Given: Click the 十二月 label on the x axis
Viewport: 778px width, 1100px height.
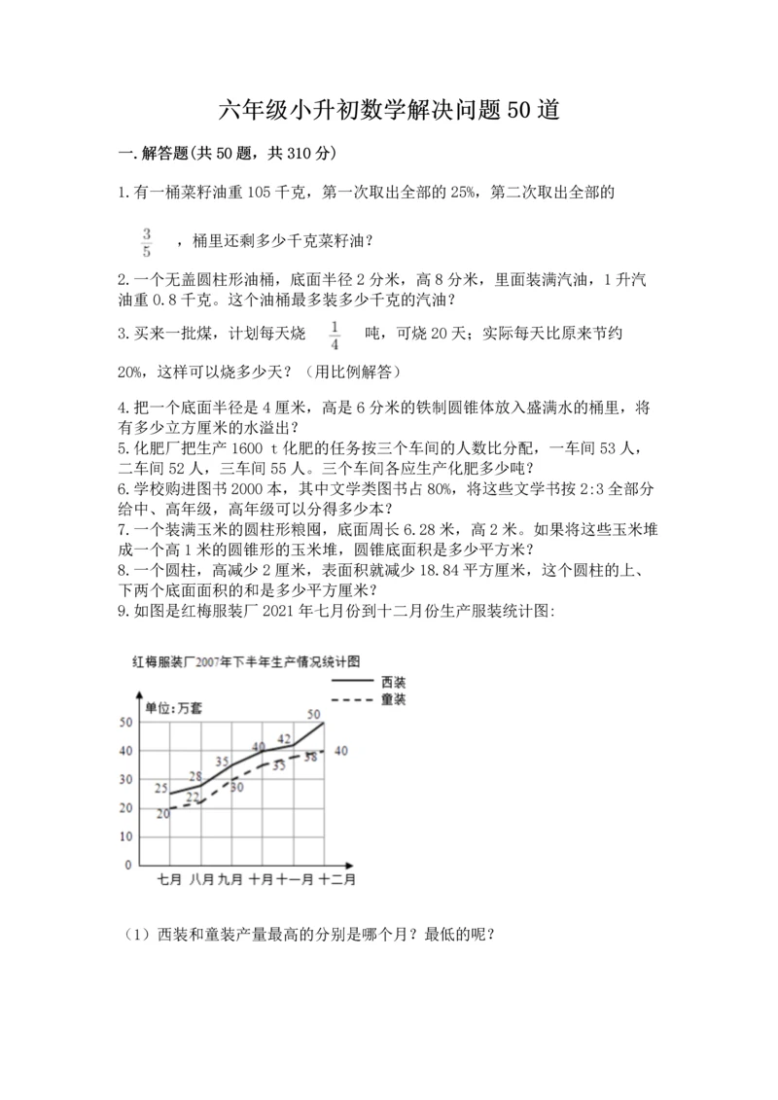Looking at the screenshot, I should [336, 879].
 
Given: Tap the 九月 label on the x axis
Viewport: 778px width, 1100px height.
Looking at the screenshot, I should [230, 879].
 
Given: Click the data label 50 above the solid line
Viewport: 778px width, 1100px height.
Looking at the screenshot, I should [313, 714].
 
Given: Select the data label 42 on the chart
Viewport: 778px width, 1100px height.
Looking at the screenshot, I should [284, 739].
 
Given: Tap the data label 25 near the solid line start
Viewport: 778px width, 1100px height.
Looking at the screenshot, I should [161, 787].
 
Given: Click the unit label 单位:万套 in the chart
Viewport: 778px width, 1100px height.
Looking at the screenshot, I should [176, 707].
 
